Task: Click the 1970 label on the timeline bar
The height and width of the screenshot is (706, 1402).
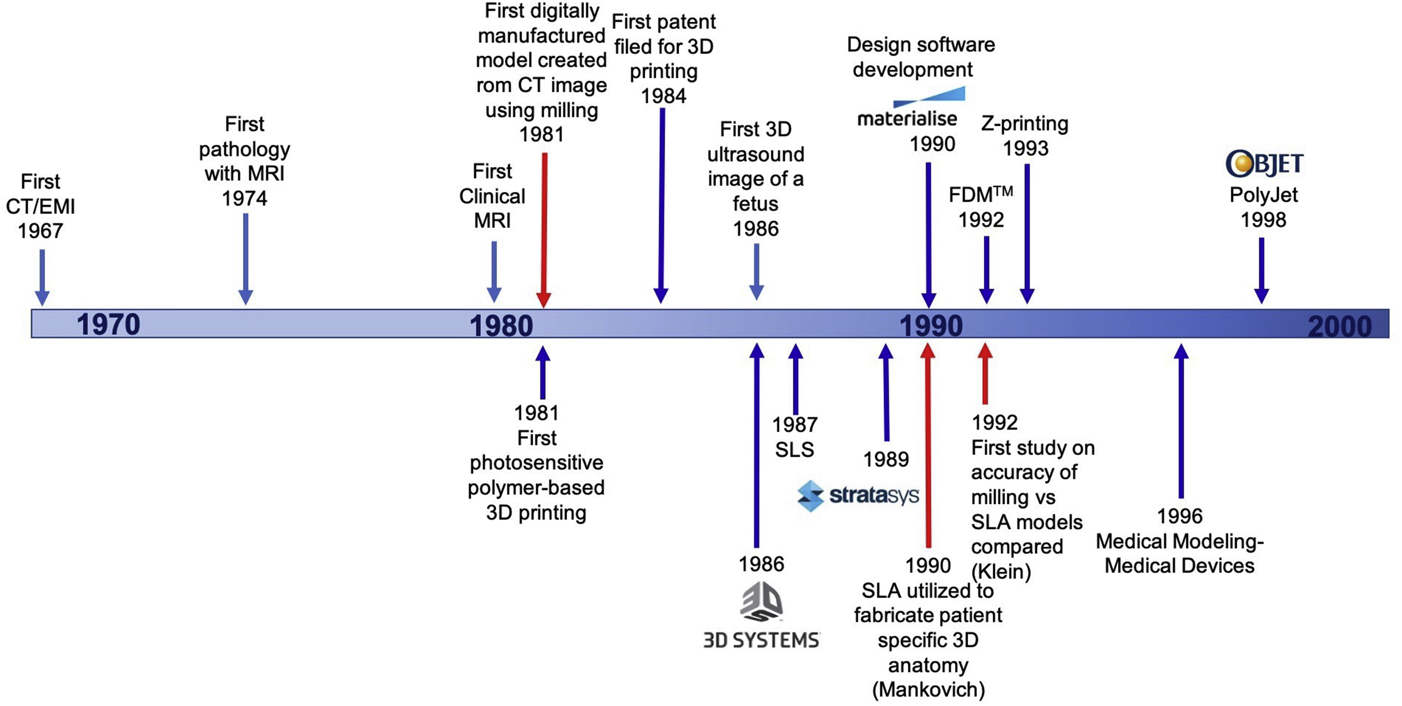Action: [x=108, y=324]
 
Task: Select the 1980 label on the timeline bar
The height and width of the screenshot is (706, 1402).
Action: [x=501, y=325]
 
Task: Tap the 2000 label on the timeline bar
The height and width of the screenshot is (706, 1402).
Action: [x=1339, y=327]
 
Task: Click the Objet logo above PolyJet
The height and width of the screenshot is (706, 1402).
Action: [x=1264, y=164]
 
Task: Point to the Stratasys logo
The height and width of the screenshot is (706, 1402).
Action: [x=858, y=496]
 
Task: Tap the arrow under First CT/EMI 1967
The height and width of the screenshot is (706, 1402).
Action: [x=42, y=277]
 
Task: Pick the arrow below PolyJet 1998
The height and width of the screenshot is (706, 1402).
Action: [x=1261, y=270]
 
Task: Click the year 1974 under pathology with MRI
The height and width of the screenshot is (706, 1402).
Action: [x=244, y=199]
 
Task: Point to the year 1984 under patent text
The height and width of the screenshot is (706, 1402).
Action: [x=664, y=96]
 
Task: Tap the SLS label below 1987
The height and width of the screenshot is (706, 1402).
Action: [x=795, y=450]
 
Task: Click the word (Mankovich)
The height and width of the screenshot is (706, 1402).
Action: [x=929, y=690]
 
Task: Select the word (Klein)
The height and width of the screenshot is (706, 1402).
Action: [x=1001, y=571]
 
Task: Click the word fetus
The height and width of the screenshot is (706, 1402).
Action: [x=755, y=204]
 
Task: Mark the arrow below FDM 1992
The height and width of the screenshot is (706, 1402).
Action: [x=986, y=269]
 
